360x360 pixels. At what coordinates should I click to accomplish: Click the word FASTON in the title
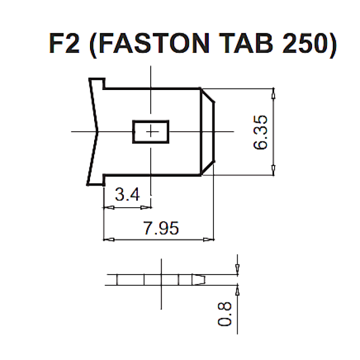click(x=154, y=43)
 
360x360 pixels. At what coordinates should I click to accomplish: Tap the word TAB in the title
click(x=246, y=43)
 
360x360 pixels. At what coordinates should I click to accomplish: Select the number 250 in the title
click(x=304, y=43)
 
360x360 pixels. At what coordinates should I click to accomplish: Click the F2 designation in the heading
click(x=64, y=43)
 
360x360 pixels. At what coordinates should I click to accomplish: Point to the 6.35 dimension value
click(x=260, y=133)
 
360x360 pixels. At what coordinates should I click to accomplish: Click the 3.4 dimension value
click(x=127, y=194)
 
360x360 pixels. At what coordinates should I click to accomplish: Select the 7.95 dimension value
click(x=161, y=228)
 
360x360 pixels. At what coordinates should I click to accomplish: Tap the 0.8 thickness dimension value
click(x=225, y=314)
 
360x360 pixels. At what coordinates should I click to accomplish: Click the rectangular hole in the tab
click(x=151, y=132)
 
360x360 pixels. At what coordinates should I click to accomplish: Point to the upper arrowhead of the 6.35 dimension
click(x=273, y=94)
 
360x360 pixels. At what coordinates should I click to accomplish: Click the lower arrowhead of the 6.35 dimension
click(x=273, y=170)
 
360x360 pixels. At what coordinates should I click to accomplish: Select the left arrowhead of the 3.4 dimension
click(x=109, y=208)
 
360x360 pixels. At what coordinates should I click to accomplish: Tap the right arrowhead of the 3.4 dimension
click(x=146, y=208)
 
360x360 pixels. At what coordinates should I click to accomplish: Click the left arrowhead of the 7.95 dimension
click(x=109, y=240)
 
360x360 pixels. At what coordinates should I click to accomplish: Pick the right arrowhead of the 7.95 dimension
click(x=208, y=240)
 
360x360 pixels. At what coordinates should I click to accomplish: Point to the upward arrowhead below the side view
click(x=238, y=291)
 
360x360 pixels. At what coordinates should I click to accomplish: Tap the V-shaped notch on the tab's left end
click(x=97, y=131)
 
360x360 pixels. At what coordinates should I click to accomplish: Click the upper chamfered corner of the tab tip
click(x=208, y=95)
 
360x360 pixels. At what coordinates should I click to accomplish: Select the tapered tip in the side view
click(x=199, y=280)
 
